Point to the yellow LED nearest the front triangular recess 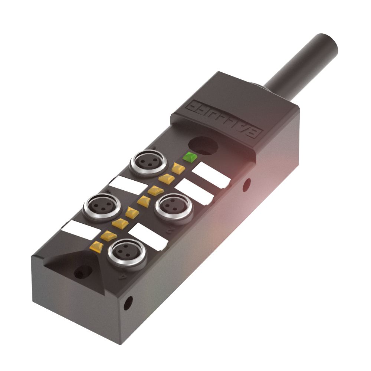[x=97, y=245]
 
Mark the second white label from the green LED [x=194, y=191]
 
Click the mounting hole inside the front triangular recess [x=79, y=274]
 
